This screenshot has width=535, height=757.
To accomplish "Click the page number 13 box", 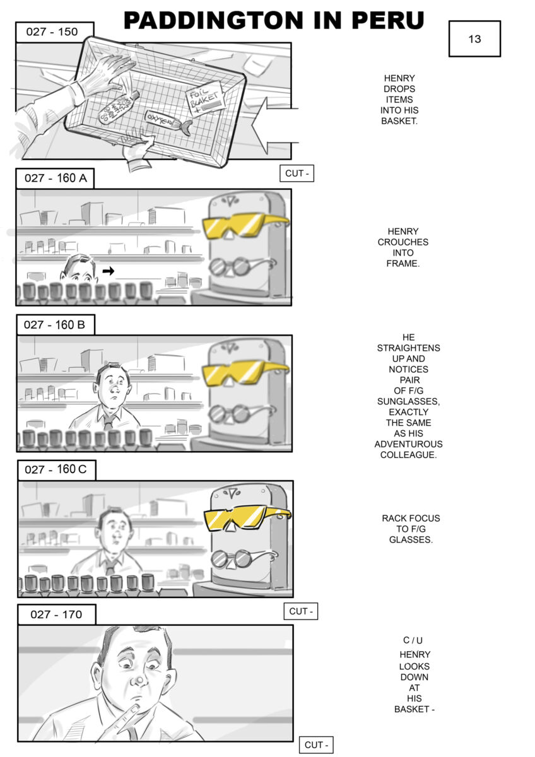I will coord(474,39).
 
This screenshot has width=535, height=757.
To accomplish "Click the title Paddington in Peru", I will coord(273,20).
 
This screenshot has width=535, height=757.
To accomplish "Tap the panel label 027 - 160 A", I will coord(56,178).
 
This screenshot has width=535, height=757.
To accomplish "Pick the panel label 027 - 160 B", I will coord(56,325).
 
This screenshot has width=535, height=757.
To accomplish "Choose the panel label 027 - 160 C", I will coord(56,470).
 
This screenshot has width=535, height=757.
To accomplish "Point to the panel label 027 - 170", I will coord(56,614).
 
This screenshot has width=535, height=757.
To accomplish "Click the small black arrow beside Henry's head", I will coord(109,271).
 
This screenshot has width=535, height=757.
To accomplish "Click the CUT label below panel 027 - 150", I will coord(297,173).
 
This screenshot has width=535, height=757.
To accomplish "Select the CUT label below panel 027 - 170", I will coord(315,744).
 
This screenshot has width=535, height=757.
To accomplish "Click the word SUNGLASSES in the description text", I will coord(408,401).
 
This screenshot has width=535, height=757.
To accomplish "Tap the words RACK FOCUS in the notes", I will coord(411,519).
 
